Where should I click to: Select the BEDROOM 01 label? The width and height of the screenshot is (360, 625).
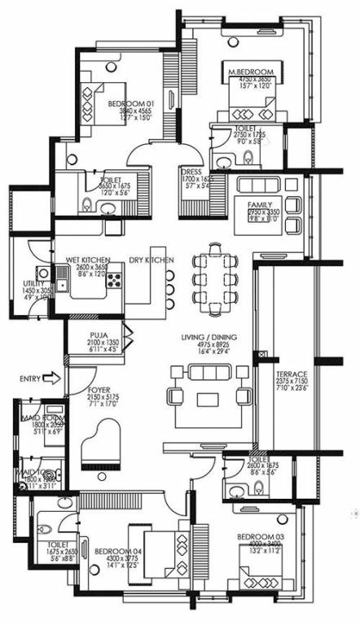(x=130, y=103)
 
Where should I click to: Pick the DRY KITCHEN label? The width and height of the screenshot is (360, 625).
(x=151, y=260)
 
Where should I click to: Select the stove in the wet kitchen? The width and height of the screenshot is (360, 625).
(x=114, y=282)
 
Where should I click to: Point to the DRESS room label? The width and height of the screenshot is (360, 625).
(x=192, y=173)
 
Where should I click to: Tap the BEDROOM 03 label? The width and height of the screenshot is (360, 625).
(x=259, y=536)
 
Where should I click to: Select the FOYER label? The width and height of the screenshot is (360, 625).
(x=99, y=391)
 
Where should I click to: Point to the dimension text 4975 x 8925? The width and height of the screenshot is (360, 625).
(x=208, y=345)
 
